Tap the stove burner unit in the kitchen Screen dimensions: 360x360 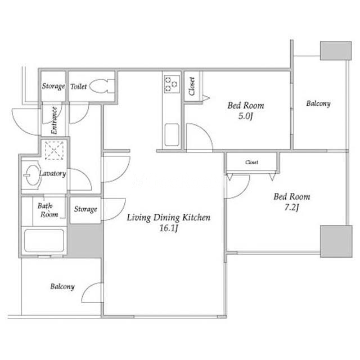tap(172, 84)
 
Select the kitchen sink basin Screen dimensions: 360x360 tap(172, 135)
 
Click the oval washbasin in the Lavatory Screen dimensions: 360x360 tap(33, 175)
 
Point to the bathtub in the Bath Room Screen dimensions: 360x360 tap(44, 241)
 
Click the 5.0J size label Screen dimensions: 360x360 tap(245, 116)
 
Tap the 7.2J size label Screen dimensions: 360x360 tap(291, 208)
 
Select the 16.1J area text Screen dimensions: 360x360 tap(169, 228)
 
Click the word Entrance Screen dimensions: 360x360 tap(54, 120)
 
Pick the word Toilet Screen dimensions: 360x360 tap(79, 87)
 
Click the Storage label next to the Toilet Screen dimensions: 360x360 tap(53, 86)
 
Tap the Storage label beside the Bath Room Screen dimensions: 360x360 tap(85, 209)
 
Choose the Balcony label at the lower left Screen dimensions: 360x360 tap(62, 286)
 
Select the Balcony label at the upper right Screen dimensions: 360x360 tap(318, 103)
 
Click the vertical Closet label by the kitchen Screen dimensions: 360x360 tap(192, 86)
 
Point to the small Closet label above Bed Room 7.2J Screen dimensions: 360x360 tap(251, 163)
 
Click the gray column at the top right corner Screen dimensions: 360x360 tap(336, 51)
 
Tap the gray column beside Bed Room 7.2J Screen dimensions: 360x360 tap(336, 241)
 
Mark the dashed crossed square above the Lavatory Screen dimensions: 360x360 tap(54, 150)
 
